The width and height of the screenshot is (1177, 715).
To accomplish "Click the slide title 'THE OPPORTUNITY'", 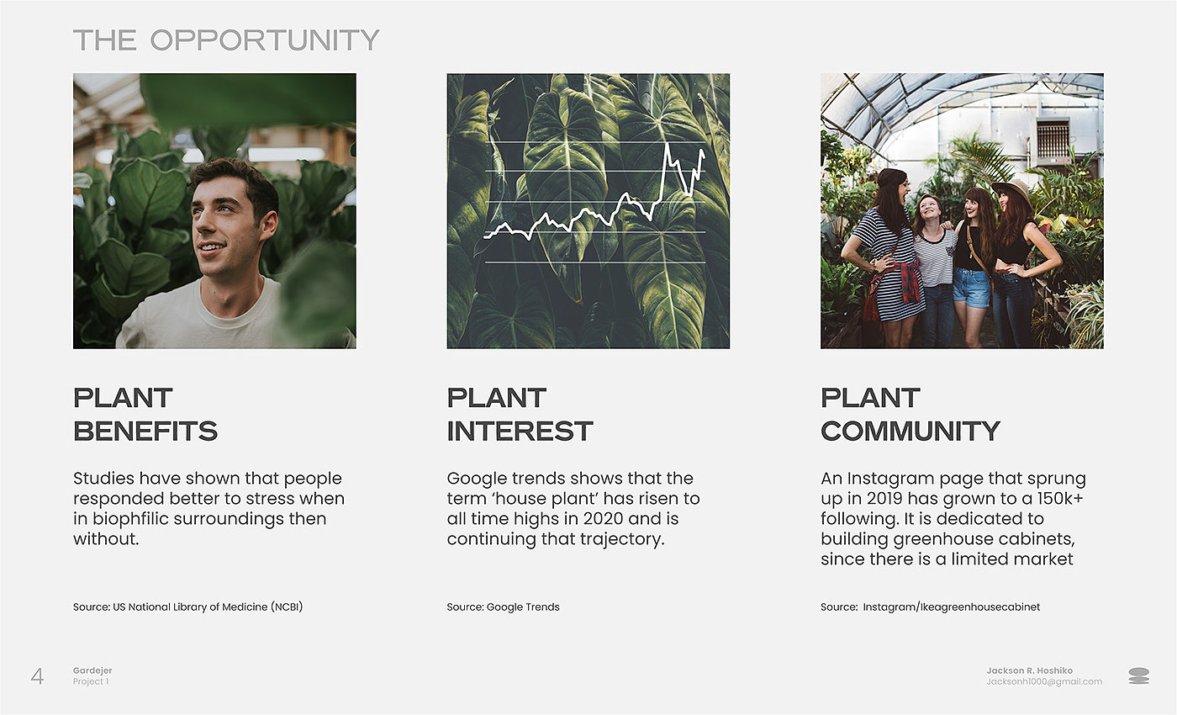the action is click(226, 40).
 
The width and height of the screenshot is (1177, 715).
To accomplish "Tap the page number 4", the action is click(37, 676).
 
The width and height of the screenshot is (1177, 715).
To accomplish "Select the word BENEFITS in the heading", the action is click(145, 431).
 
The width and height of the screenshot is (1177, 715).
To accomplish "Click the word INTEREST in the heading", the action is click(520, 431).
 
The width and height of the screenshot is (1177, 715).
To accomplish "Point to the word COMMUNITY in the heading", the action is click(910, 431).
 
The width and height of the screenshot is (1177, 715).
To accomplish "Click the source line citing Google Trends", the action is click(503, 606).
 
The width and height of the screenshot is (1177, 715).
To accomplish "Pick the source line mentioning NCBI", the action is click(187, 606).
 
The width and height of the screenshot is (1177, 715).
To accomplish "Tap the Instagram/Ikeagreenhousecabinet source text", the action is click(951, 606).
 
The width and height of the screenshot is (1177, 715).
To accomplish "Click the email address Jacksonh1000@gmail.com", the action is click(1044, 682).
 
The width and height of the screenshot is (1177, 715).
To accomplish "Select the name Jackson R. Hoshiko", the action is click(1029, 670).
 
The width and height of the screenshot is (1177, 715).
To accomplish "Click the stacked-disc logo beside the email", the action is click(1138, 676).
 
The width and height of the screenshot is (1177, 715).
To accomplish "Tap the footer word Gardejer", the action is click(92, 671).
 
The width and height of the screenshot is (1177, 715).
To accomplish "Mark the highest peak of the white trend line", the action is click(668, 144).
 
